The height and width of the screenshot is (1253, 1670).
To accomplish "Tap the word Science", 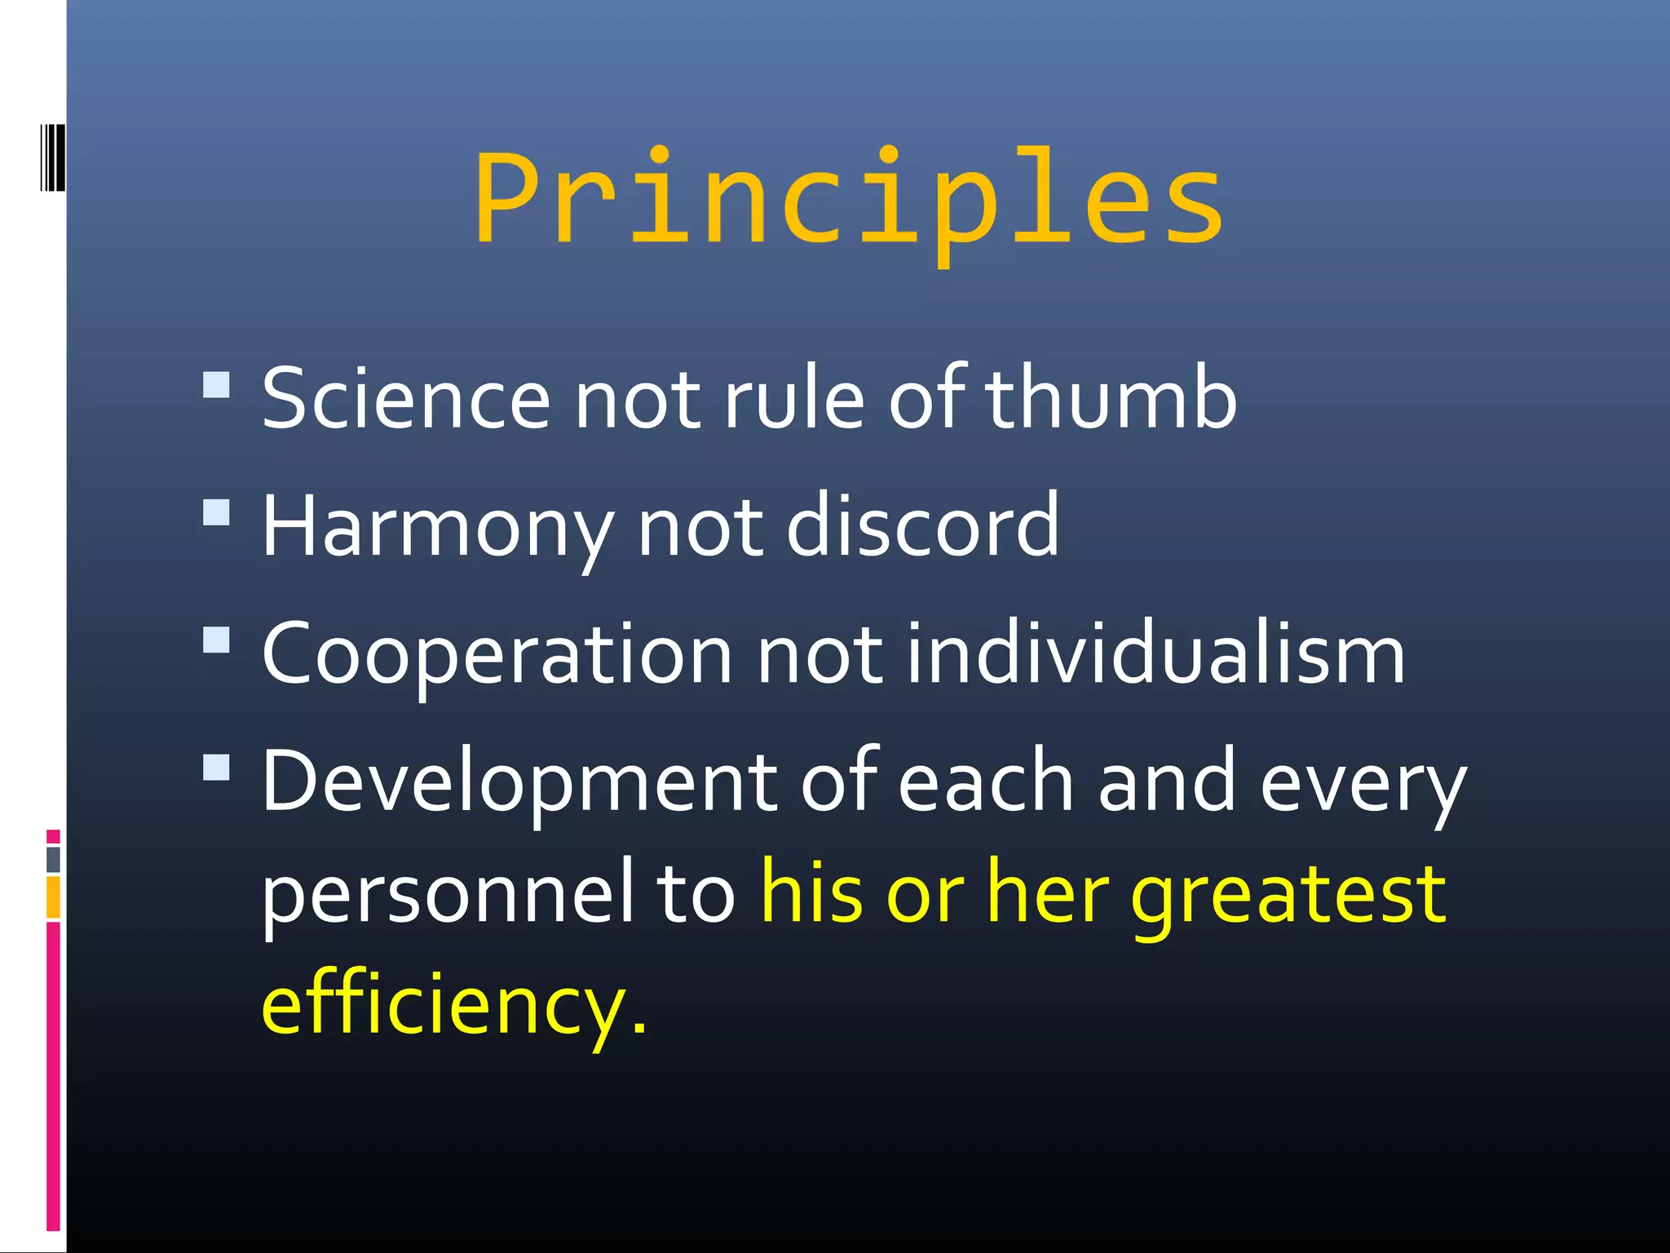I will pos(405,399).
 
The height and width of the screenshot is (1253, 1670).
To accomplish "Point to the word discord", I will pos(922,526).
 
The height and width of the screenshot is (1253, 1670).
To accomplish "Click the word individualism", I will pos(1156,653).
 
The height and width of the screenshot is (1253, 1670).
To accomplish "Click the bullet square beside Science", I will pos(216,384).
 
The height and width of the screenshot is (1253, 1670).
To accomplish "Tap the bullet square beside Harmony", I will pos(216,512).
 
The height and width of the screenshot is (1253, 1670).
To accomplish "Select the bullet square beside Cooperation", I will pos(216,640).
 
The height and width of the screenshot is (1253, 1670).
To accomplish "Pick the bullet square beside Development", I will pos(216,767).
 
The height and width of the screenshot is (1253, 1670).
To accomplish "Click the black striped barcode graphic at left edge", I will pos(52,157).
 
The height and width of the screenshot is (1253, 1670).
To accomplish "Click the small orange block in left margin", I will pos(53,897).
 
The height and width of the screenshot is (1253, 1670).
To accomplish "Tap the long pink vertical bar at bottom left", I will pos(53,1077).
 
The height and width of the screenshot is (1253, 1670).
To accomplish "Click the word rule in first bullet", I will pos(793,399).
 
